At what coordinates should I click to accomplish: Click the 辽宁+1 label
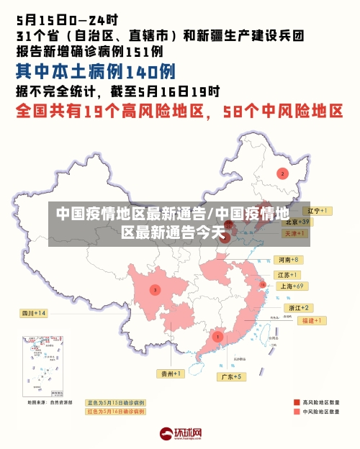[317, 211]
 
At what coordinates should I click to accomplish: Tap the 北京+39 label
[297, 222]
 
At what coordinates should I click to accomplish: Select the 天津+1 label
[295, 234]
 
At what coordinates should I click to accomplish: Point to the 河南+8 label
[289, 259]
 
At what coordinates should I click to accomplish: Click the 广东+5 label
[231, 376]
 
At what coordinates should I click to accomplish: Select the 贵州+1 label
[171, 373]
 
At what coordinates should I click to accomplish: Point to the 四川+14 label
[33, 313]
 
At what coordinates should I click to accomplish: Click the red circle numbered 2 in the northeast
[282, 173]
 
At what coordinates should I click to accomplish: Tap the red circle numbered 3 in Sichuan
[155, 290]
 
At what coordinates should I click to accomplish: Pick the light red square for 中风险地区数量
[296, 412]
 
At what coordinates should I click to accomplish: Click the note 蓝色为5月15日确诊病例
[115, 403]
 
